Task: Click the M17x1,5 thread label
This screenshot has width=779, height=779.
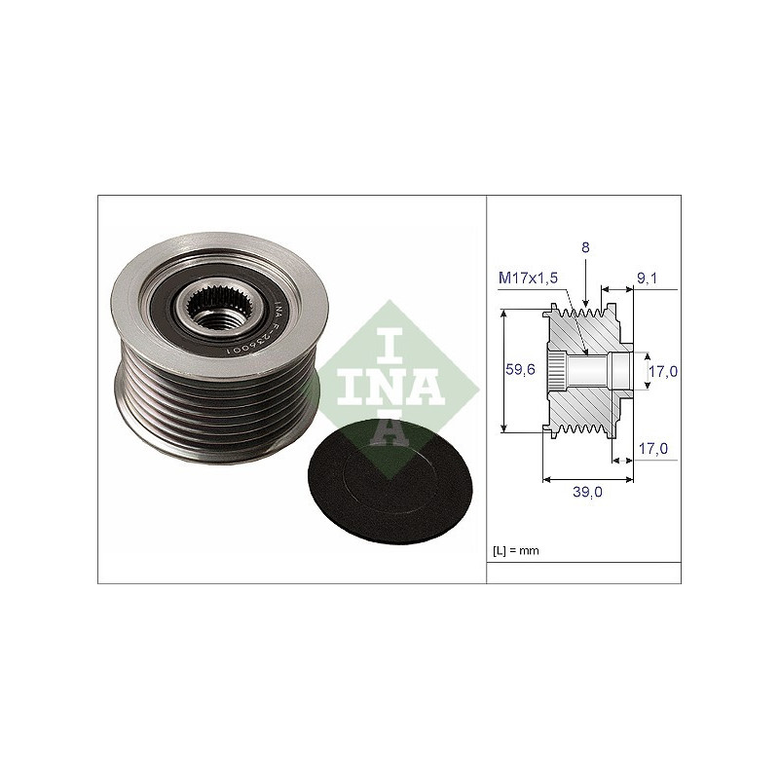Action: (528, 278)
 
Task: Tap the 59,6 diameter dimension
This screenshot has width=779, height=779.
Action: (520, 370)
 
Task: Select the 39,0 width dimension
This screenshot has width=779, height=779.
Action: (587, 492)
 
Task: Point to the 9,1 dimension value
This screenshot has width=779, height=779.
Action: (647, 278)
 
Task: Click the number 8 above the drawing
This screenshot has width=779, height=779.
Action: (585, 247)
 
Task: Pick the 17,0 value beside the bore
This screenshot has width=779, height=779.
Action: (663, 371)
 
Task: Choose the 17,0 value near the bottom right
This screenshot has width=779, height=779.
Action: (652, 449)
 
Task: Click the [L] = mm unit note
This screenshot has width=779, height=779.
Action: (516, 550)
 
